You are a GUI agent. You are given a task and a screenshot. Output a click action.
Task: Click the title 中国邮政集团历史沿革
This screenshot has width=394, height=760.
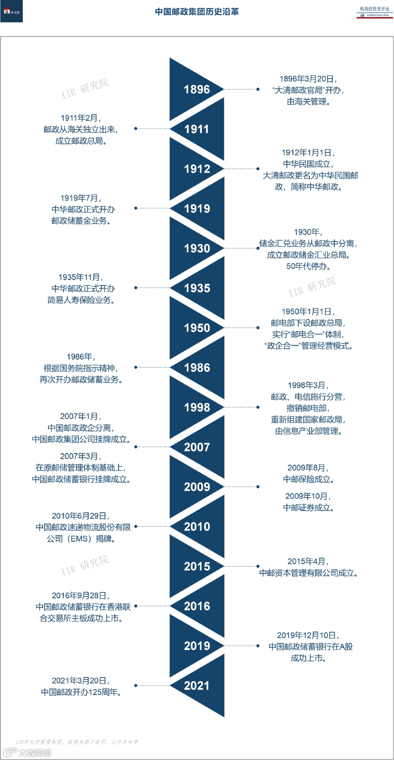(x=197, y=12)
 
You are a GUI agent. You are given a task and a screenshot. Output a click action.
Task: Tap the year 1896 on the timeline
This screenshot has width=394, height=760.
(x=197, y=89)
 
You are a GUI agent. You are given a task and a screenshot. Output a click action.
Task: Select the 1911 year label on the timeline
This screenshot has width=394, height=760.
(x=197, y=129)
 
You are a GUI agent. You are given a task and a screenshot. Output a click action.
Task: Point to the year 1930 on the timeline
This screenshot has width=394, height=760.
(x=197, y=249)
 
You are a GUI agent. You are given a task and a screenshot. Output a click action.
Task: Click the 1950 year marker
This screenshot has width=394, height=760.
(x=197, y=328)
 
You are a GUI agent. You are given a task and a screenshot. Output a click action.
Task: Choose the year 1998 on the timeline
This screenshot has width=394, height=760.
(x=197, y=407)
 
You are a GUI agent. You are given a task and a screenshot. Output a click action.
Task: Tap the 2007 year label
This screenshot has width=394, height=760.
(x=197, y=447)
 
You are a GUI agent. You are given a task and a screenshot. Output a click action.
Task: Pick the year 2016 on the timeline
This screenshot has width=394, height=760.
(x=197, y=606)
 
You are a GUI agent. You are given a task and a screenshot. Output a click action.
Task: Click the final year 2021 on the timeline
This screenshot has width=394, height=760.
(x=197, y=686)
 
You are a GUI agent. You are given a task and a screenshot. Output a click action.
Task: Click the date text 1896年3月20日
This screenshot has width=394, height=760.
(x=308, y=79)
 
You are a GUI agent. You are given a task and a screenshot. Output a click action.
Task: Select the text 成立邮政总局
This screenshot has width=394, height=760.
(x=81, y=141)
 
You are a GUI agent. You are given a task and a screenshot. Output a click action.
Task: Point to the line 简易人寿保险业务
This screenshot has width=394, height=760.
(x=81, y=300)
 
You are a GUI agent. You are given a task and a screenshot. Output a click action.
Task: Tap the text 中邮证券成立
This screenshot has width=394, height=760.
(x=308, y=508)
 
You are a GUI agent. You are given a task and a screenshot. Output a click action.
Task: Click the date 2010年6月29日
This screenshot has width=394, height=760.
(x=81, y=516)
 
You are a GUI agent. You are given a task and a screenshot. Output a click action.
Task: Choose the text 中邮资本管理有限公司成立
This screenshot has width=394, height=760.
(x=308, y=573)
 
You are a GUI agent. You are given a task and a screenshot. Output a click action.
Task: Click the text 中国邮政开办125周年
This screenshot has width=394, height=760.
(x=81, y=692)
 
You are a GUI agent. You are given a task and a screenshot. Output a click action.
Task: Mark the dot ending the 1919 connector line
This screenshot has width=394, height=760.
(x=136, y=208)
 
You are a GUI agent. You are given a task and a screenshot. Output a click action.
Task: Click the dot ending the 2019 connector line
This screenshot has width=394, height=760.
(x=258, y=646)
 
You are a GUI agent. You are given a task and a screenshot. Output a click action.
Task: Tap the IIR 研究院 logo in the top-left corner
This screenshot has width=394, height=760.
(x=11, y=12)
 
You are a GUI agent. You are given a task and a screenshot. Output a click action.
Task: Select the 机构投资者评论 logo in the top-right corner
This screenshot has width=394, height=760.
(x=375, y=12)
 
